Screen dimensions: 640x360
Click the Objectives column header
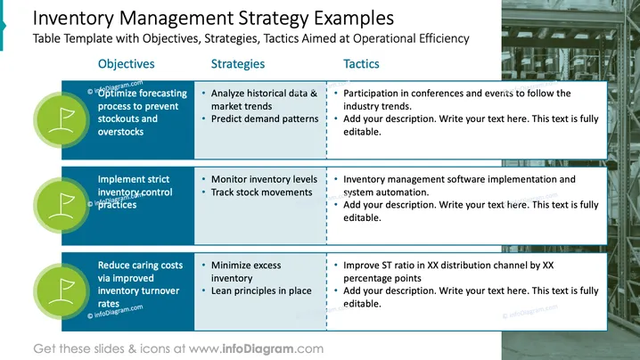pos(126,63)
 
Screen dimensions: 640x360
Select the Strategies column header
pos(238,64)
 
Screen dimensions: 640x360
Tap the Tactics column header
pos(361,63)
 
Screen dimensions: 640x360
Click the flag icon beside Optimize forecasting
pos(62,120)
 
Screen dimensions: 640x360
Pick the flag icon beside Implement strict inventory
pos(62,206)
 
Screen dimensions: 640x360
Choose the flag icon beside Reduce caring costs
pos(62,291)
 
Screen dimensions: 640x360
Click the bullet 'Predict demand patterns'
pos(265,119)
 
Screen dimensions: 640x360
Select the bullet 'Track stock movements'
pos(261,192)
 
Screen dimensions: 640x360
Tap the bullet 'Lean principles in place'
pos(261,290)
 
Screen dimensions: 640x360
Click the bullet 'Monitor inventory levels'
pos(264,179)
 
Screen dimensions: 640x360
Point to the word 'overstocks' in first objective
pos(121,132)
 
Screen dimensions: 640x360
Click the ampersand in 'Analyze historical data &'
pos(314,93)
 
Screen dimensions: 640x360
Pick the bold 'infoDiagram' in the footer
pos(258,349)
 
